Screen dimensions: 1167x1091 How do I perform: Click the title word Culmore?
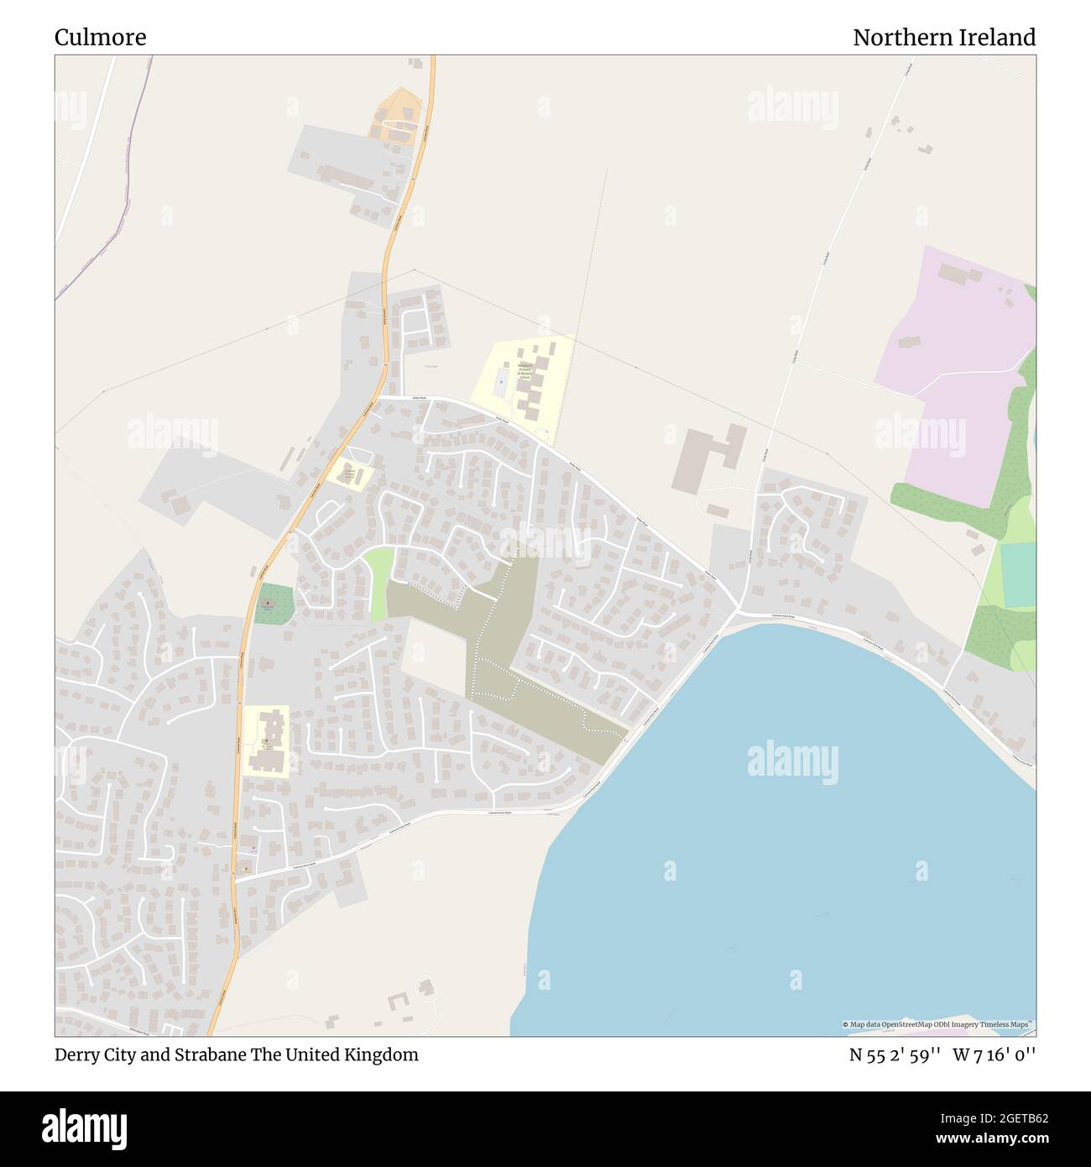(100, 38)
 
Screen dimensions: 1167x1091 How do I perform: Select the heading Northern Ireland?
(944, 38)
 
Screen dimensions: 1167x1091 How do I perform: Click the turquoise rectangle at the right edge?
(1018, 575)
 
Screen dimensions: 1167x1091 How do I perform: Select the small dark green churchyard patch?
(274, 604)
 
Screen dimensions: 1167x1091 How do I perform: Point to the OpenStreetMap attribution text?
(938, 1024)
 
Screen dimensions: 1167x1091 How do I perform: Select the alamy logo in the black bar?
(84, 1128)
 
